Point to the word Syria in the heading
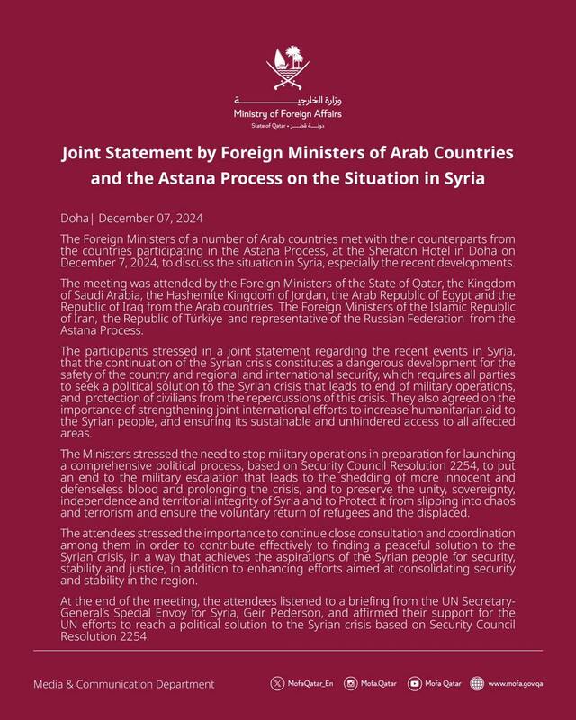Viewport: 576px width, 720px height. coord(459,178)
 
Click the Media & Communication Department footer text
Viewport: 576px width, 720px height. coord(124,685)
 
